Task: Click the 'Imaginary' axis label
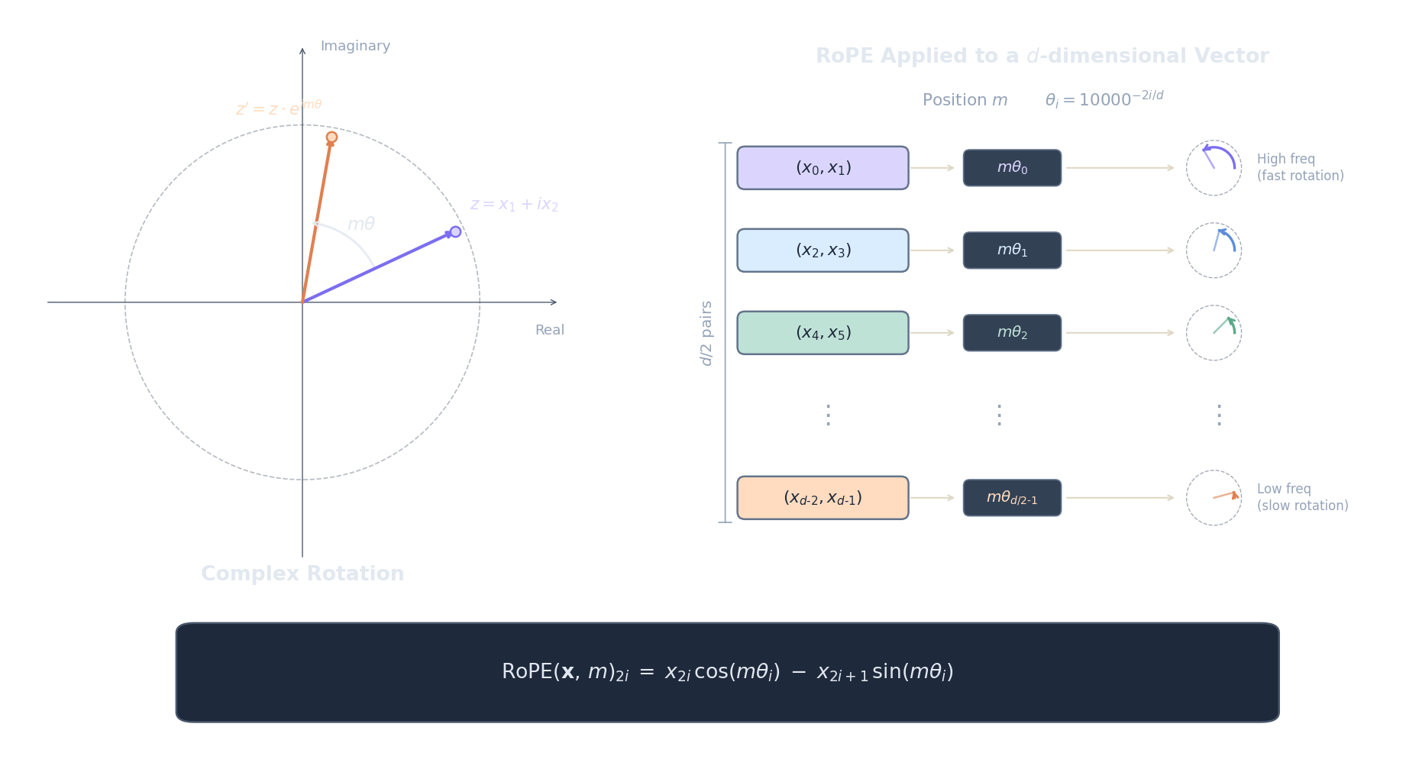355,46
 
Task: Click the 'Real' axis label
549,330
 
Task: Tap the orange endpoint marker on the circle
331,137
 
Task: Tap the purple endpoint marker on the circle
455,231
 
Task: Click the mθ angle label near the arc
361,224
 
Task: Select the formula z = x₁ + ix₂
514,205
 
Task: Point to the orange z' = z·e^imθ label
279,108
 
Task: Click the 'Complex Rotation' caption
302,574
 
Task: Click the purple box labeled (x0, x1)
823,168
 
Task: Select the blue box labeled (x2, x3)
823,250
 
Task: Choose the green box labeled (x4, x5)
823,333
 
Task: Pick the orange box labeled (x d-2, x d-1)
823,498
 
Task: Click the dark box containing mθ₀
1012,168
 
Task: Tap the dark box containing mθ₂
1012,333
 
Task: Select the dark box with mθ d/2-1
1012,498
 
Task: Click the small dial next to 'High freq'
1214,168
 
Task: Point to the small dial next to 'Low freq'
1214,498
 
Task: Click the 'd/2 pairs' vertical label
706,333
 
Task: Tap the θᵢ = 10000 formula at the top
1104,99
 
